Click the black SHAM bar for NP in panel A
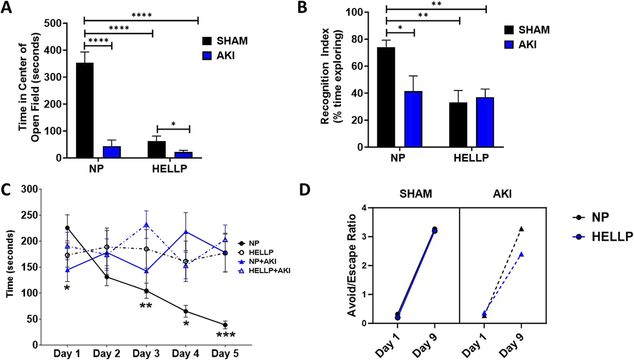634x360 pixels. point(84,110)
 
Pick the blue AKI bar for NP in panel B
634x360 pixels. point(413,119)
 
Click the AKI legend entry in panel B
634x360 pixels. point(527,45)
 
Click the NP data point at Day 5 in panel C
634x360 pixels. point(225,325)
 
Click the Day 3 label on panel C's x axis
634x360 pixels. point(146,354)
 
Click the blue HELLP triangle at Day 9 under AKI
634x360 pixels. point(522,254)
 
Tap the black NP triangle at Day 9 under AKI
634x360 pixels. point(522,229)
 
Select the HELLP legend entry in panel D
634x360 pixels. point(612,237)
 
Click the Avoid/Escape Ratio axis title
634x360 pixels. point(352,266)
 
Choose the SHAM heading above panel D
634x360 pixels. point(416,194)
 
